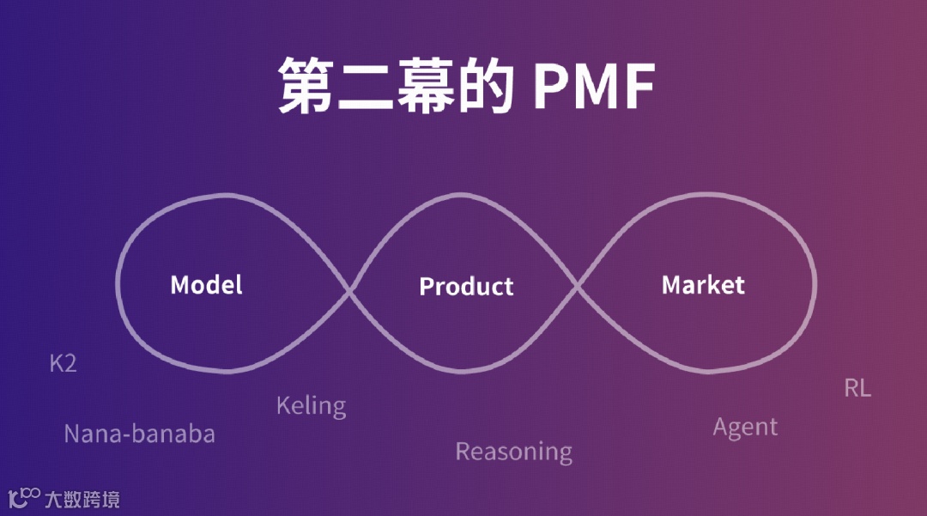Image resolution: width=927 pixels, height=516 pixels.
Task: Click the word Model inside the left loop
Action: coord(206,285)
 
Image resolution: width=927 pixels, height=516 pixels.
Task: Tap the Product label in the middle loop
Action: coord(466,287)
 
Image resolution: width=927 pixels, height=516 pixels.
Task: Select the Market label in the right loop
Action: coord(703,285)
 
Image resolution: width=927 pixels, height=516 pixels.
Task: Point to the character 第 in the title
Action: coord(306,86)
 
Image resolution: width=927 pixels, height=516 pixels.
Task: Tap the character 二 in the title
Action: coord(367,86)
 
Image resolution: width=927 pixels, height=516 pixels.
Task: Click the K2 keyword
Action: coord(63,364)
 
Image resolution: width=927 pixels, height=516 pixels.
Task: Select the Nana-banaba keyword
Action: coord(139,434)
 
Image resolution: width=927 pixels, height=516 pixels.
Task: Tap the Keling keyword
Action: coord(311,405)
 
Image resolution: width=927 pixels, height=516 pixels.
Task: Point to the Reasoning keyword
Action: coord(513,452)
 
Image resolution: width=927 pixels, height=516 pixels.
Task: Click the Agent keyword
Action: coord(745,427)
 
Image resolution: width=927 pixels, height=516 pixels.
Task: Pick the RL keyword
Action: coord(857,388)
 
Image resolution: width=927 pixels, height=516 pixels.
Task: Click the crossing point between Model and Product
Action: coord(350,290)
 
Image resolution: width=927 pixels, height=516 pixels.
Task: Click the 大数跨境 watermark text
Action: coord(82,498)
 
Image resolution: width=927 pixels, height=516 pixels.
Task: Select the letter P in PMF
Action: coord(550,86)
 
